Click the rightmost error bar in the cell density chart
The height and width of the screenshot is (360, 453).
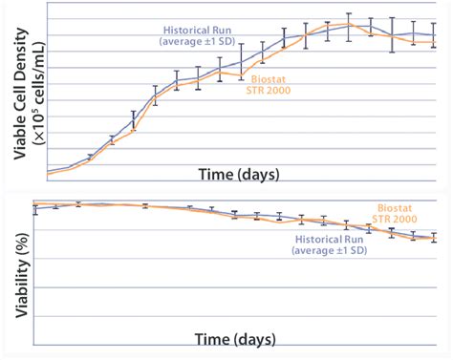[x=436, y=36]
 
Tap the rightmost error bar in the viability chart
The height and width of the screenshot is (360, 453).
[x=436, y=237]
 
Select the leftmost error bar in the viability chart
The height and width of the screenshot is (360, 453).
[x=35, y=208]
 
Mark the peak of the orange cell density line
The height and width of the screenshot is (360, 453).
[x=350, y=24]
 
